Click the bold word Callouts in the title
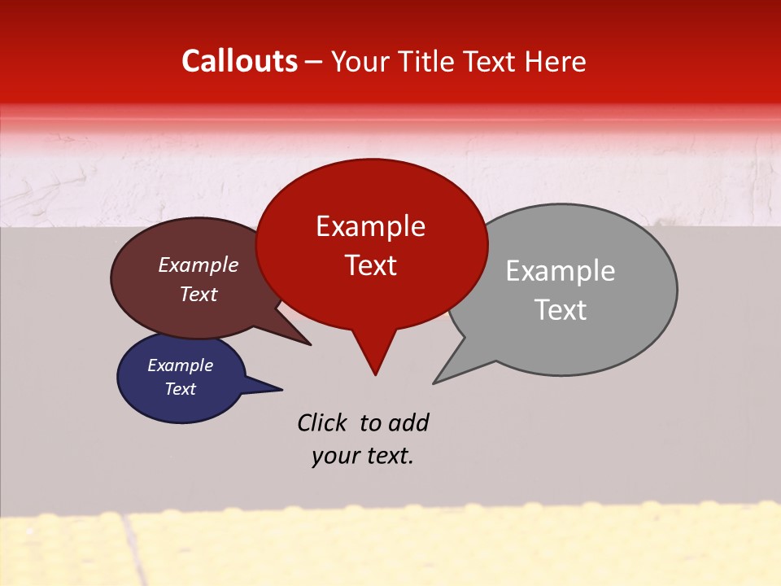coord(240,61)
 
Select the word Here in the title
coord(556,61)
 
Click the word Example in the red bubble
coord(370,226)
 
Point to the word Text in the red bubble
coord(370,265)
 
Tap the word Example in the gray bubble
coord(561,270)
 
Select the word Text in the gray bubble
coord(561,309)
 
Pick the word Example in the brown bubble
coord(199,265)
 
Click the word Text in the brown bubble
coord(199,294)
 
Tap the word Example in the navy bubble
coord(180,365)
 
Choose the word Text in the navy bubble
coord(180,389)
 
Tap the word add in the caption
coord(408,422)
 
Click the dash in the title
coord(315,62)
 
